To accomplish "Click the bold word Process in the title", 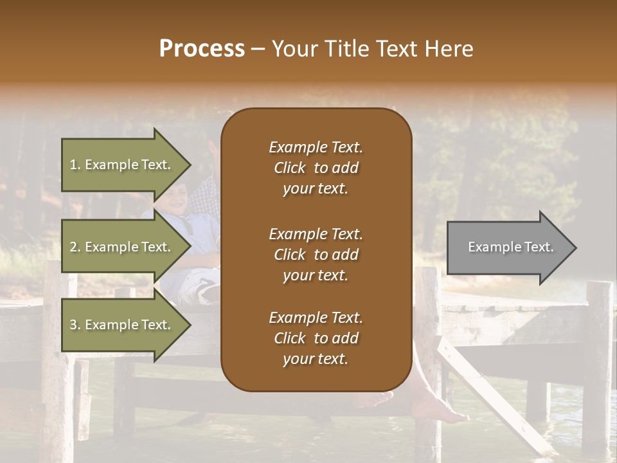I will tap(202, 49).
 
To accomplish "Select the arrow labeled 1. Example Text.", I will tap(122, 165).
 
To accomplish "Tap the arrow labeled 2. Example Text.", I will tap(122, 247).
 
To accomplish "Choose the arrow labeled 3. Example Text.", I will tap(122, 325).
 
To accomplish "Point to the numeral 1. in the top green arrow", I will tap(75, 165).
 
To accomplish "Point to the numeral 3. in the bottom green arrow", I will tap(75, 325).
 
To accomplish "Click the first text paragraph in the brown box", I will tap(316, 168).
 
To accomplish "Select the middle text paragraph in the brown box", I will tap(316, 255).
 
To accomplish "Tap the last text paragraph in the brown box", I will tap(316, 338).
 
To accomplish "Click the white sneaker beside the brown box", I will tap(208, 293).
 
